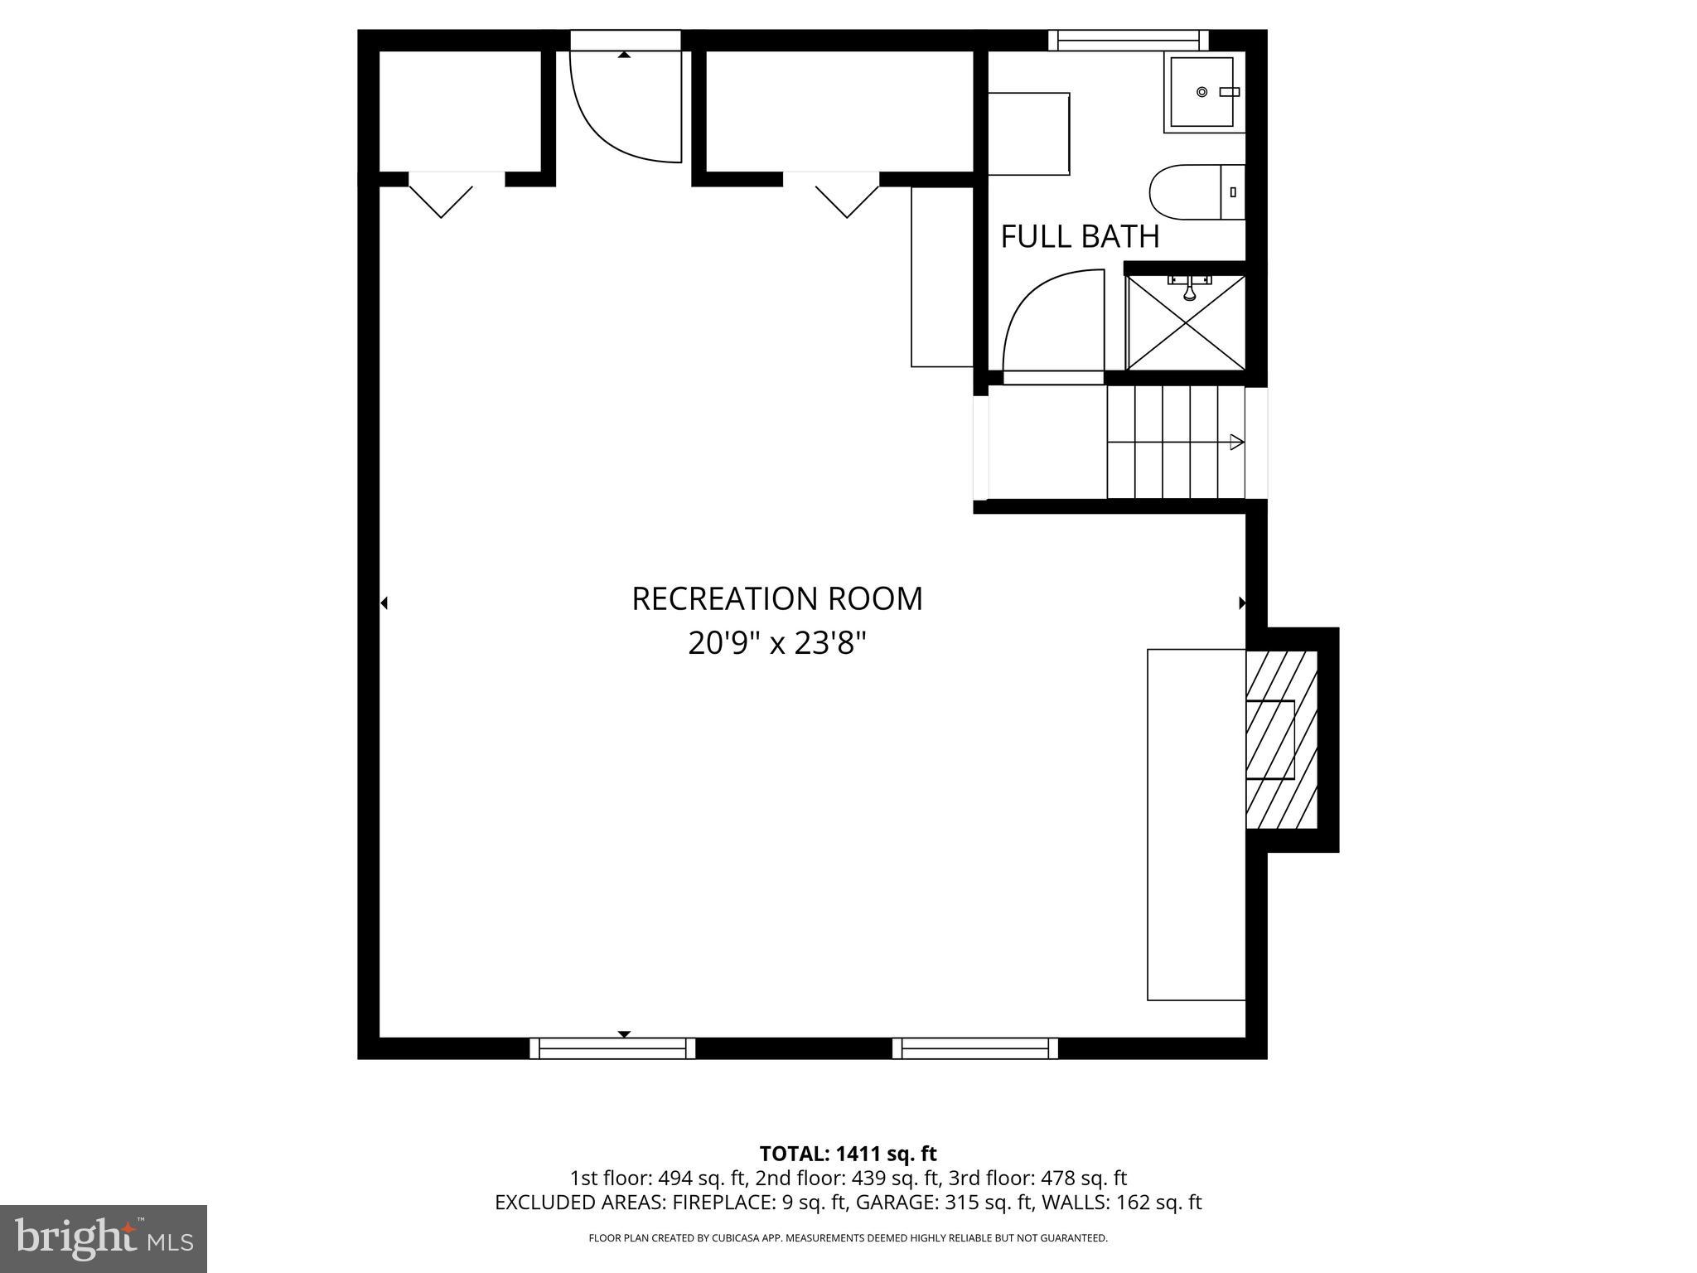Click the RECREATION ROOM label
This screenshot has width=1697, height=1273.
776,598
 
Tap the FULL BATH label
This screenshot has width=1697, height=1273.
1079,237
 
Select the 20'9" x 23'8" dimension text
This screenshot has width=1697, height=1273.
776,643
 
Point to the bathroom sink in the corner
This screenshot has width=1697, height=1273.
1204,92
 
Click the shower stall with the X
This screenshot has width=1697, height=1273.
1186,323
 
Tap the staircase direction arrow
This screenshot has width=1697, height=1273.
1236,443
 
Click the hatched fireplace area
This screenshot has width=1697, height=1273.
1281,739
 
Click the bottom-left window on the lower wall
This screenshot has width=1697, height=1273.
612,1048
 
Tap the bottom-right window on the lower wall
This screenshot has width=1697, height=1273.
975,1048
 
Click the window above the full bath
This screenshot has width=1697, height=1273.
1128,40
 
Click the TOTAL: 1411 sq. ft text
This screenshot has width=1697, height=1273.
848,1154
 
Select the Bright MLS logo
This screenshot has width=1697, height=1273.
103,1238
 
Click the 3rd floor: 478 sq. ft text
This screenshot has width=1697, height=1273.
1037,1179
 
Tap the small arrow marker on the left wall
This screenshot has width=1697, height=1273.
384,603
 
